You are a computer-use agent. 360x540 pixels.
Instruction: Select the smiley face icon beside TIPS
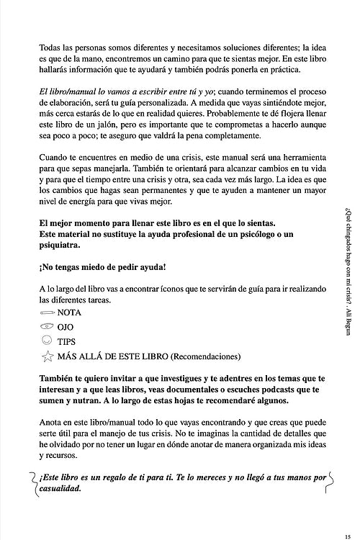pyautogui.click(x=47, y=341)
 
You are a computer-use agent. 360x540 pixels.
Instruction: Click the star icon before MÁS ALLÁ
pyautogui.click(x=47, y=356)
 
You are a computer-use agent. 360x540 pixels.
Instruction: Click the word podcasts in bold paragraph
pyautogui.click(x=266, y=389)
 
